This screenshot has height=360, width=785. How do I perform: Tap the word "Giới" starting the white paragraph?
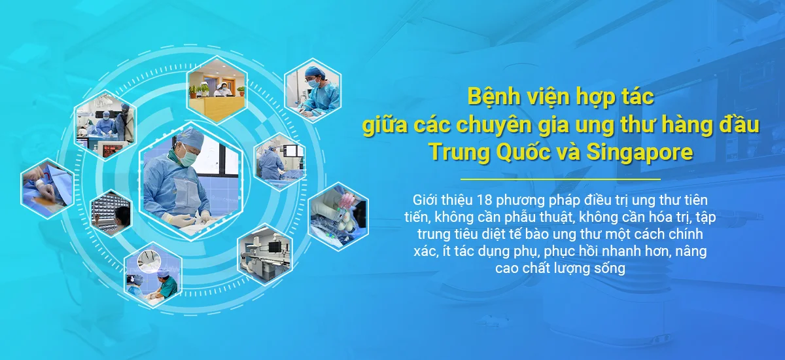tap(427, 199)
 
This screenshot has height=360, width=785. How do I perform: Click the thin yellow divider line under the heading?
tap(561, 179)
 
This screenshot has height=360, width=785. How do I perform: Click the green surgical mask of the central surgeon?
tap(188, 158)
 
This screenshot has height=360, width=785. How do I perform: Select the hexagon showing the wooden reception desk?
tap(217, 88)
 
